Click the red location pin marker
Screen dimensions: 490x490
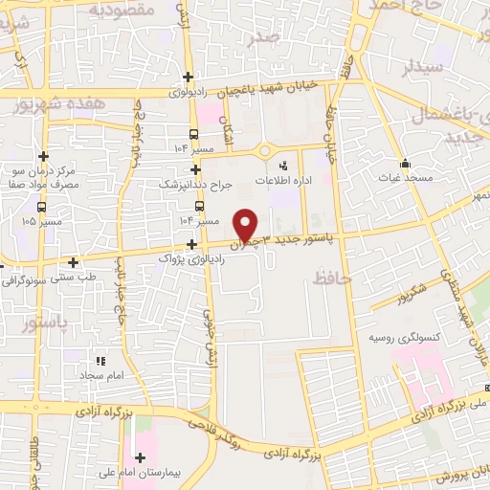click(246, 225)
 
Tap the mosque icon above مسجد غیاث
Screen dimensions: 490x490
click(405, 163)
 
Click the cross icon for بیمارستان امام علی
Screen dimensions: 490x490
click(141, 457)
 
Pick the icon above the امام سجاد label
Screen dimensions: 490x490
click(100, 362)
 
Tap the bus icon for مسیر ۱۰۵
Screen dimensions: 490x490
click(41, 206)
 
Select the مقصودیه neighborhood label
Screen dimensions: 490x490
click(122, 10)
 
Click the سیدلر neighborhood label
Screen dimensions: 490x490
click(422, 68)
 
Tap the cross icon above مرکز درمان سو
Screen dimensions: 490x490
click(42, 156)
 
